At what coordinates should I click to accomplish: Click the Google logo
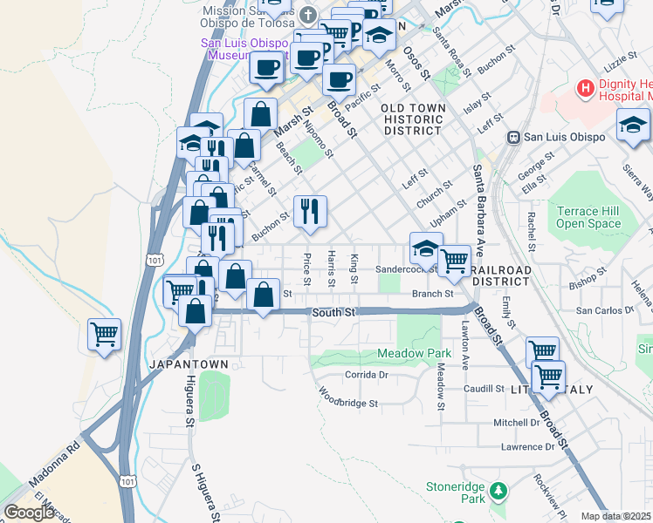(29, 513)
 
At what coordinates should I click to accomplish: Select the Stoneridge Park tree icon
(498, 490)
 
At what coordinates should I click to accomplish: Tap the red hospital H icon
(585, 88)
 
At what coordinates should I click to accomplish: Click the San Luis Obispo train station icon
(515, 137)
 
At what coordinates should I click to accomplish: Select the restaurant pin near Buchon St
(310, 212)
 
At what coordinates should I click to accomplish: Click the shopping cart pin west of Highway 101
(104, 335)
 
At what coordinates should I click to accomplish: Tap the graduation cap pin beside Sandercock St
(425, 249)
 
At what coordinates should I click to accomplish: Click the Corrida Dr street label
(365, 374)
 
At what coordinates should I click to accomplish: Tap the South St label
(333, 312)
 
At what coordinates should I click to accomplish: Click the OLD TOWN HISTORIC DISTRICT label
(412, 119)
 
